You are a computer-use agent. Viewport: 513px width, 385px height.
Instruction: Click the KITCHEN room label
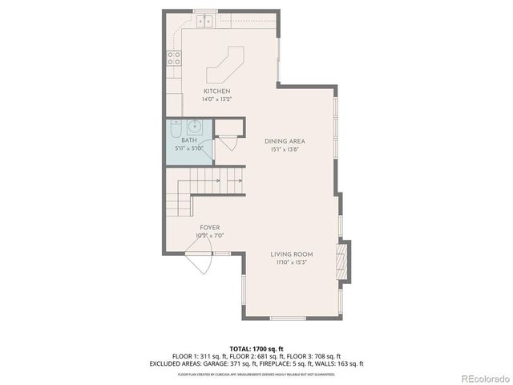pyautogui.click(x=216, y=91)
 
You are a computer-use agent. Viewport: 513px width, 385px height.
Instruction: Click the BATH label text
pyautogui.click(x=188, y=140)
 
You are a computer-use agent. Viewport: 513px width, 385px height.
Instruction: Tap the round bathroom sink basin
pyautogui.click(x=194, y=126)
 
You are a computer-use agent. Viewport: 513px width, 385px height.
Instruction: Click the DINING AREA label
pyautogui.click(x=285, y=141)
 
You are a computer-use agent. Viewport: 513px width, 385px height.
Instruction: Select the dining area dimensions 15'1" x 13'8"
pyautogui.click(x=285, y=149)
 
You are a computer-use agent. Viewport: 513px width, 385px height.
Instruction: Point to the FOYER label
pyautogui.click(x=210, y=228)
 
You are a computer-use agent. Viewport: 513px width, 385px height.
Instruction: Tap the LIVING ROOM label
pyautogui.click(x=291, y=254)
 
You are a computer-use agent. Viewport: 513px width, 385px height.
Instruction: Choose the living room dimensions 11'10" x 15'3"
pyautogui.click(x=291, y=262)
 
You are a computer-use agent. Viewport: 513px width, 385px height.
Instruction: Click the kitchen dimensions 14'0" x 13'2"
pyautogui.click(x=216, y=99)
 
